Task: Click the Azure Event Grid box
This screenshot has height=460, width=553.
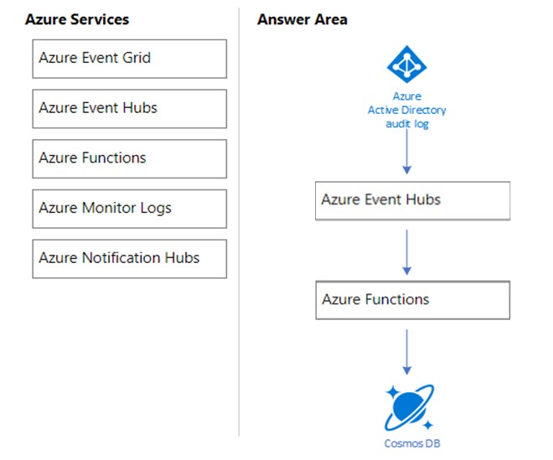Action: pyautogui.click(x=129, y=59)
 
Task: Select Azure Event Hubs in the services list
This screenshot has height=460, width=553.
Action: pyautogui.click(x=129, y=109)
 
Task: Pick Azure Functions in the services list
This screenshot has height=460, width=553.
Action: pyautogui.click(x=129, y=158)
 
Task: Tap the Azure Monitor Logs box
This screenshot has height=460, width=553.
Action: pyautogui.click(x=129, y=209)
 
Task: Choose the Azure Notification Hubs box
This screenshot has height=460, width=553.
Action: pyautogui.click(x=129, y=259)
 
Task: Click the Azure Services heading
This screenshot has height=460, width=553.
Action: pyautogui.click(x=77, y=19)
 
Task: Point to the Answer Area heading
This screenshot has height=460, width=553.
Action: pyautogui.click(x=302, y=19)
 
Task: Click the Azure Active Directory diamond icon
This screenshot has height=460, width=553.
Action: pyautogui.click(x=406, y=65)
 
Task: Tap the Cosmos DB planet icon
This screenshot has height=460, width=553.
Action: pyautogui.click(x=409, y=407)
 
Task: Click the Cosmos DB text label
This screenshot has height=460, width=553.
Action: pyautogui.click(x=412, y=443)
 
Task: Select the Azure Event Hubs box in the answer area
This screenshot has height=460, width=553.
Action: pyautogui.click(x=412, y=201)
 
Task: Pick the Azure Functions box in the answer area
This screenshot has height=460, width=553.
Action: pyautogui.click(x=412, y=300)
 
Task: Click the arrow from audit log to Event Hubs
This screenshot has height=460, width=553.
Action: pyautogui.click(x=406, y=152)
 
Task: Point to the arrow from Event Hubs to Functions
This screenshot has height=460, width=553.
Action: pyautogui.click(x=406, y=252)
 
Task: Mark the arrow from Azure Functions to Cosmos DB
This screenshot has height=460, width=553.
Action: pyautogui.click(x=406, y=352)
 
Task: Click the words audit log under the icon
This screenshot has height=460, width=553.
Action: pyautogui.click(x=407, y=124)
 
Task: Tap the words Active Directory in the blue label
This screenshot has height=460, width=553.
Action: pyautogui.click(x=407, y=110)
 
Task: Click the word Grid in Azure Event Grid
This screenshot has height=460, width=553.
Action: pyautogui.click(x=137, y=58)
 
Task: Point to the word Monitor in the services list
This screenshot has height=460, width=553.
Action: pyautogui.click(x=109, y=208)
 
